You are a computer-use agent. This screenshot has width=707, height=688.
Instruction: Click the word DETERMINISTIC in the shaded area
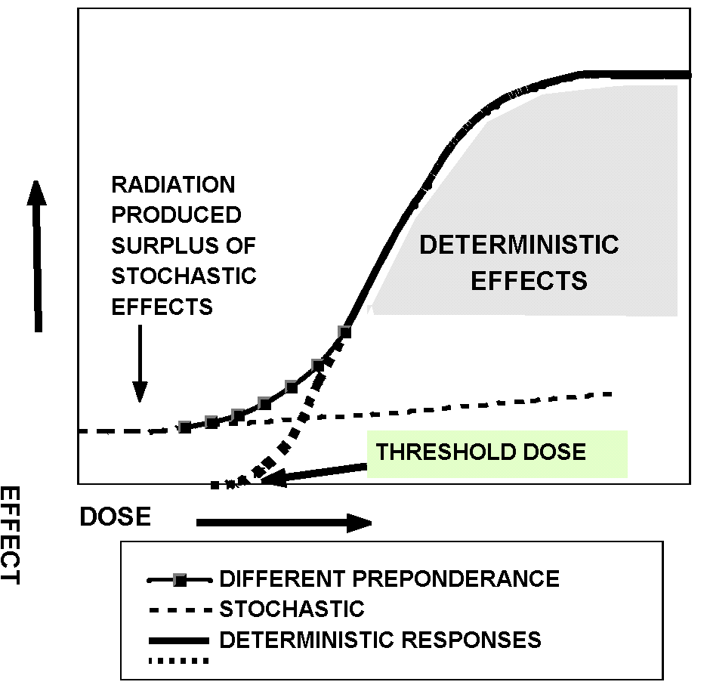pos(519,245)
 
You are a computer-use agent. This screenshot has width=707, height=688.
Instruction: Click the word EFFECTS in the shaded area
pos(528,281)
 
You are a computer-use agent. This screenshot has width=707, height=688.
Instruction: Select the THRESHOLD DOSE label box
pos(497,453)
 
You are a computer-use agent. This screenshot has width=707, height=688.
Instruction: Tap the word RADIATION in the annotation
pos(173,185)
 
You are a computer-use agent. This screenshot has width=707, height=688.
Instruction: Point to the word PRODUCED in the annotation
pos(176,215)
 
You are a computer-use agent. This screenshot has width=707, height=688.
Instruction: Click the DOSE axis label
pos(116,517)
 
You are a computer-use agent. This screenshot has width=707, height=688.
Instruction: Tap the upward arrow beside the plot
pos(36,256)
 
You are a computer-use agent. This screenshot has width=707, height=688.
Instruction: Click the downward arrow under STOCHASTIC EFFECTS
pos(139,363)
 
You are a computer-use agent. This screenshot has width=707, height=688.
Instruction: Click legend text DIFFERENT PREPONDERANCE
pos(389,579)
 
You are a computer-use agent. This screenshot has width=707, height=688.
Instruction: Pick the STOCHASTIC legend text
pos(292,609)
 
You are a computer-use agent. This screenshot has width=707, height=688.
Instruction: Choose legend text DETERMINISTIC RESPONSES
pos(380,640)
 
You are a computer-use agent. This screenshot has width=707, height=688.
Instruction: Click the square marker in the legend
pos(179,580)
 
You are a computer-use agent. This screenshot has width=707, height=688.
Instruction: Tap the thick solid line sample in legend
pos(178,640)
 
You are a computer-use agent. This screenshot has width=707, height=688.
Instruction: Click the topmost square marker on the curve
pos(344,332)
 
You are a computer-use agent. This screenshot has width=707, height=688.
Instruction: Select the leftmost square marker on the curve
pos(184,427)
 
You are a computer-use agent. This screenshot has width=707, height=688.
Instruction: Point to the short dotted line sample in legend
pos(178,662)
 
